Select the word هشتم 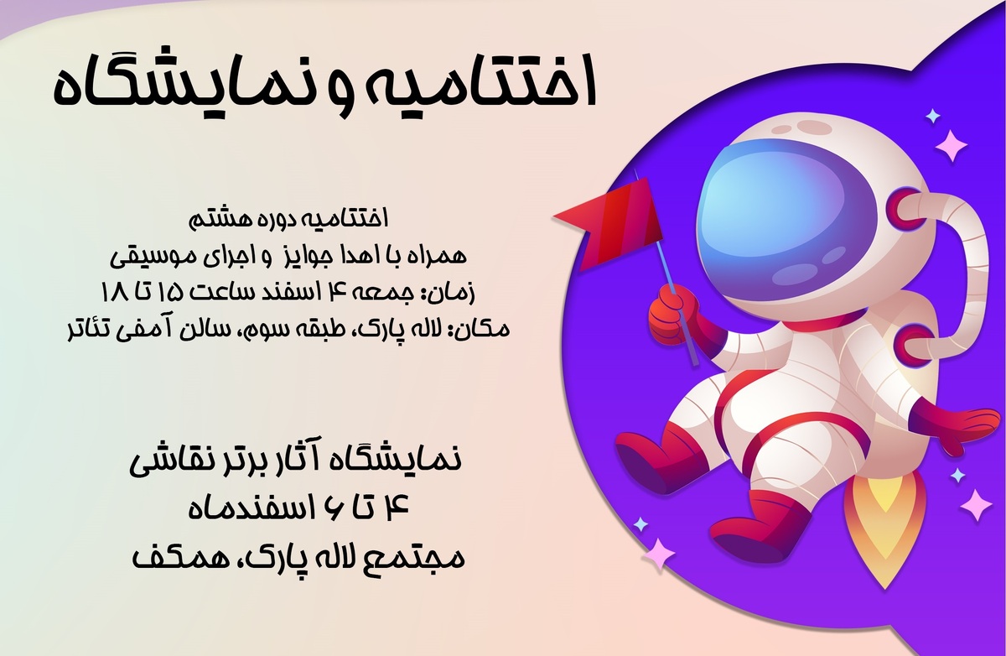point(220,219)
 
